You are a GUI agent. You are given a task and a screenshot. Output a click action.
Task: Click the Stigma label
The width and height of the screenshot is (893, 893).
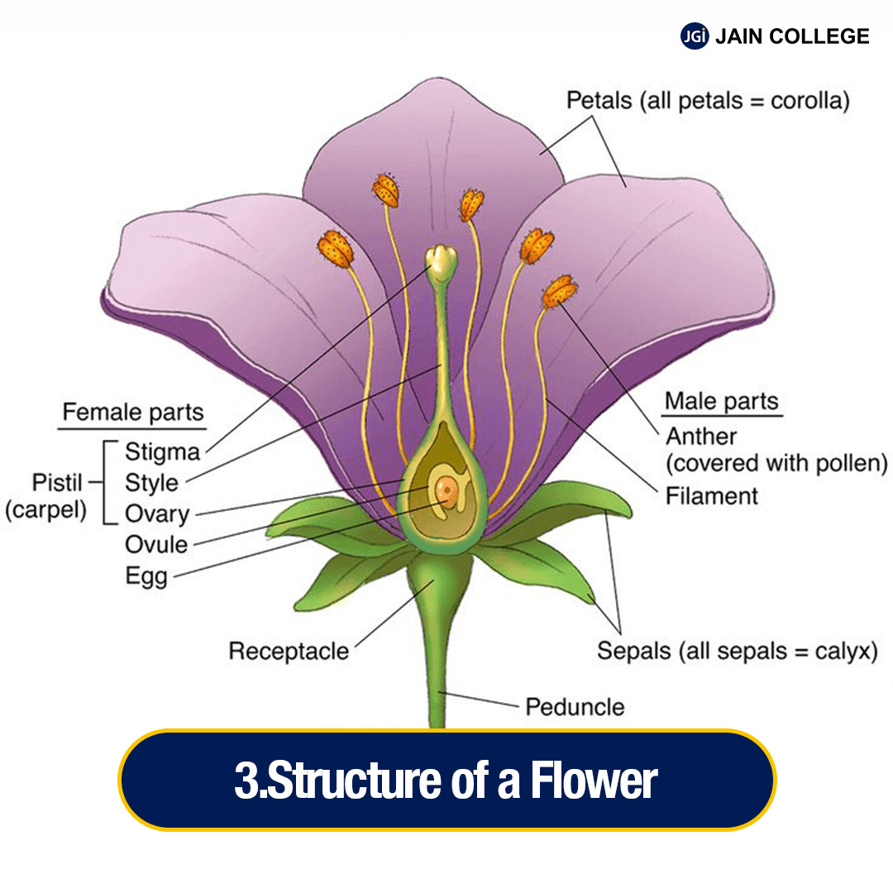click(162, 452)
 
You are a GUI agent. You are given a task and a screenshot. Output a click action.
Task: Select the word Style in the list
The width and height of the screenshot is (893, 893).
click(151, 483)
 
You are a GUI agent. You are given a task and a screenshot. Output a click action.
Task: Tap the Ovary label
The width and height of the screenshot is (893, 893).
click(157, 513)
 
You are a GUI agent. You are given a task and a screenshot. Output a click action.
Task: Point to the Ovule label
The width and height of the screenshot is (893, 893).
click(156, 545)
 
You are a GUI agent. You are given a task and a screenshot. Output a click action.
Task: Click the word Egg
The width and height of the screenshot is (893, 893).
click(146, 576)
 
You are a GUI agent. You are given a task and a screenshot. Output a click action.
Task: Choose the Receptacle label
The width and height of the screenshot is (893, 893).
click(289, 652)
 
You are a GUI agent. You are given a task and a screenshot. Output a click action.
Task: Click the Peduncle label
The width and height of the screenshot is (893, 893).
click(575, 708)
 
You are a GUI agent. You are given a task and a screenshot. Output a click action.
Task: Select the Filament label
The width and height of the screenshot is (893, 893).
click(712, 496)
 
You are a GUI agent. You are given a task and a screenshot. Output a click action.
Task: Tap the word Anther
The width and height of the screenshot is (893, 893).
click(701, 436)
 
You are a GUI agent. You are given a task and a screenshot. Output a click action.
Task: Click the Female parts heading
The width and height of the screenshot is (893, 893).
click(133, 412)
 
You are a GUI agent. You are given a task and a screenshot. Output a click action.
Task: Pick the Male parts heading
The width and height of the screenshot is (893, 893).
click(722, 403)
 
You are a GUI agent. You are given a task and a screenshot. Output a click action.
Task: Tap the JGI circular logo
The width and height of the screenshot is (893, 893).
click(695, 36)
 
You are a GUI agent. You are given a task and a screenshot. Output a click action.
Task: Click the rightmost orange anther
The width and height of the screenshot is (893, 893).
click(560, 292)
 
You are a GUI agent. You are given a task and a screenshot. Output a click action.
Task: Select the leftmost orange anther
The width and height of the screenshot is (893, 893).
click(335, 248)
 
